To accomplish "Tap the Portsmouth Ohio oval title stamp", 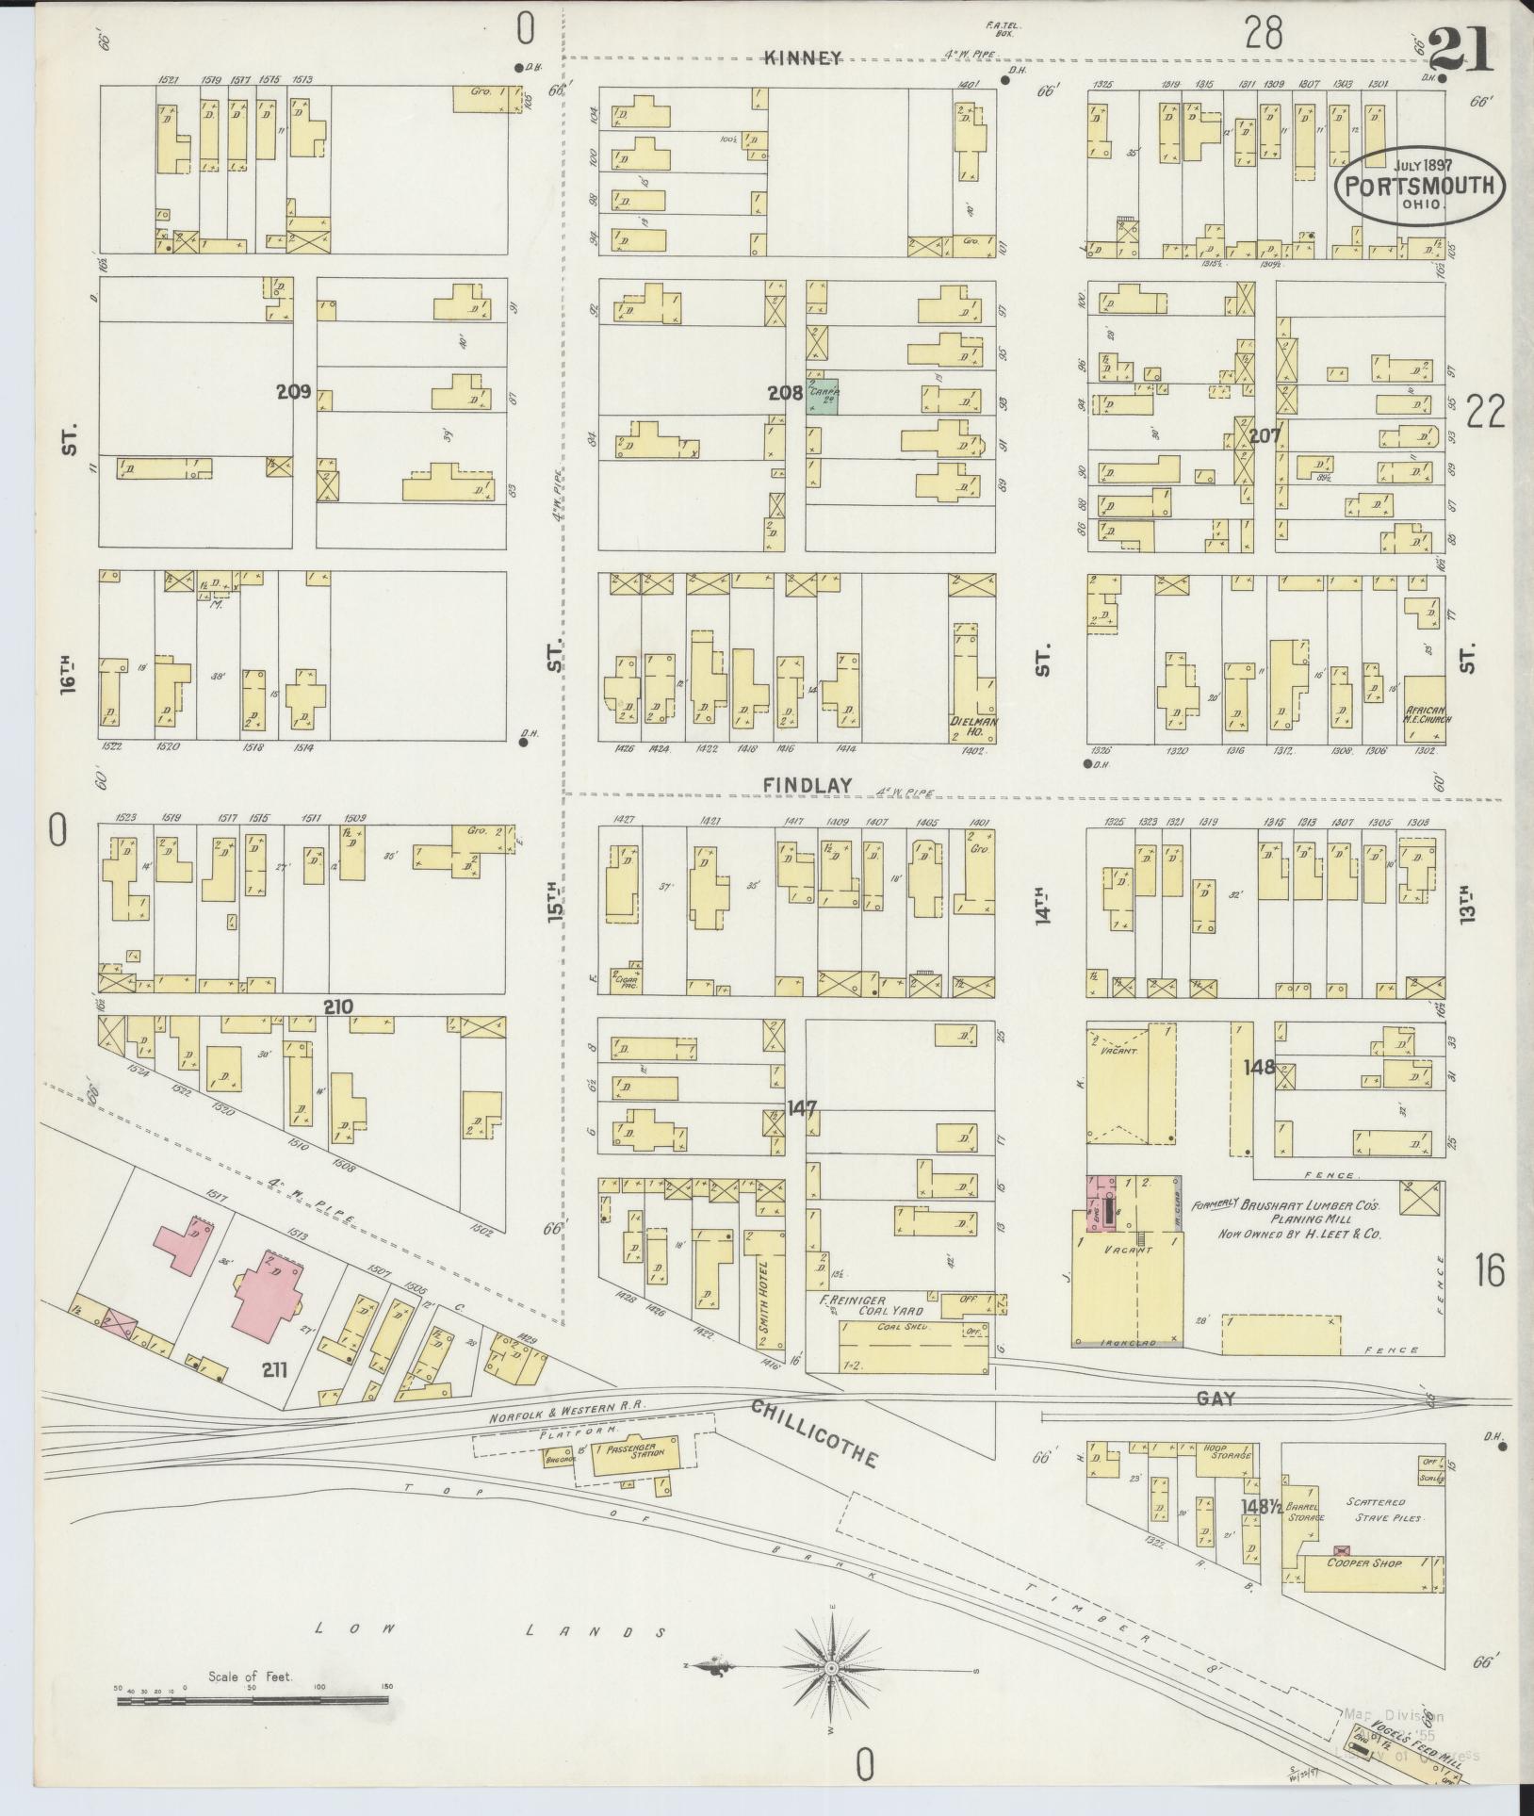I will (1419, 186).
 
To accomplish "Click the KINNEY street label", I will (803, 58).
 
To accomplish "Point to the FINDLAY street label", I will (808, 784).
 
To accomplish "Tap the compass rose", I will (832, 1670).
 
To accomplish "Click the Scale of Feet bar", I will (252, 1701).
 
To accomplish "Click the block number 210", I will (337, 1006).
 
